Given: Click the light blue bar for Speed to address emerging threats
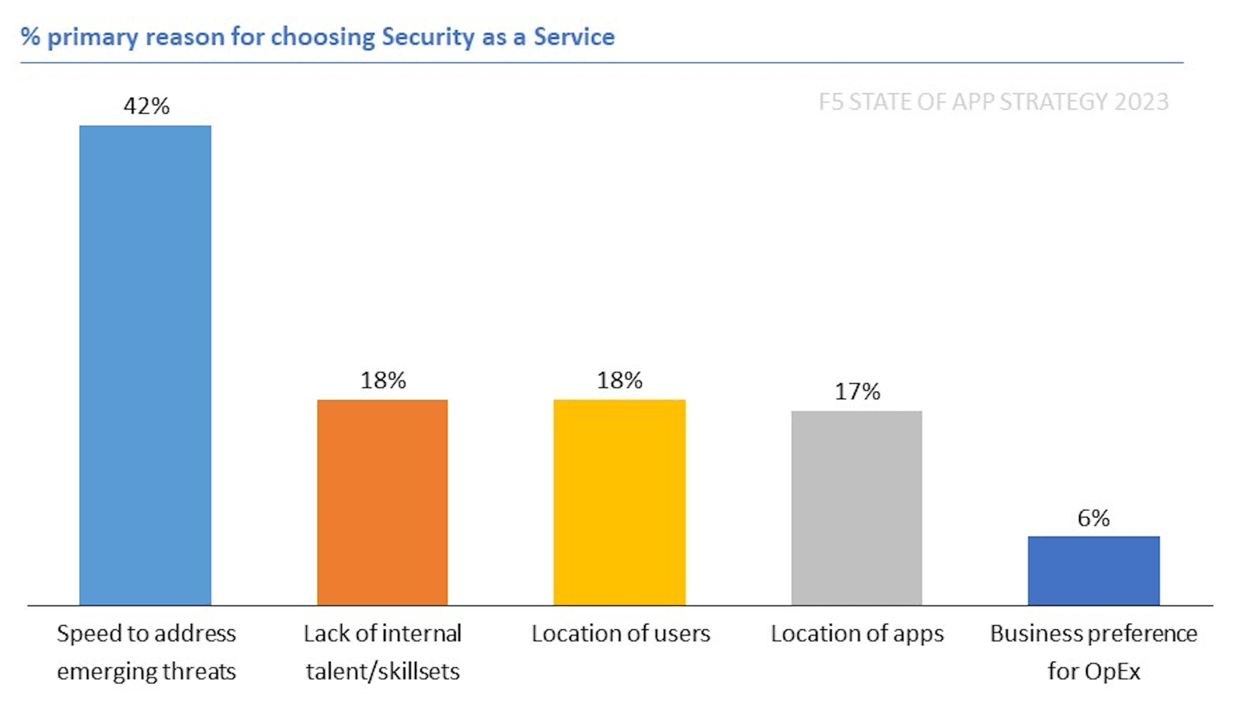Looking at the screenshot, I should click(145, 365).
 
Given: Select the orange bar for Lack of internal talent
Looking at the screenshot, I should click(382, 502).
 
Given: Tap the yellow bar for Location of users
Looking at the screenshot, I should click(619, 502).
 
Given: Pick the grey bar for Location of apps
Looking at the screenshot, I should click(856, 508).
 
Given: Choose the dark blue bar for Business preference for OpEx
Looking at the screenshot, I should click(1093, 570).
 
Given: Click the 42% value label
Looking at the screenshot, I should click(146, 106).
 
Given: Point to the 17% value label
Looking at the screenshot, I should click(857, 391).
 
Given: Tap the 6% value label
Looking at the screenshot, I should click(1093, 518).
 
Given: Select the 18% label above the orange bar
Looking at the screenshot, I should click(383, 380).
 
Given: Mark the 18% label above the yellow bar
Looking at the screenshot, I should click(619, 380).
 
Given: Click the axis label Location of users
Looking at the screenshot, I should click(621, 634).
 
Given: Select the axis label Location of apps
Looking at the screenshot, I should click(857, 634).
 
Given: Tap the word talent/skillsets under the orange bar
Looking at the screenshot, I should click(382, 671).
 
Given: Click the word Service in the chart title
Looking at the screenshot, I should click(573, 36).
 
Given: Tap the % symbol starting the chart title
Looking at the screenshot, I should click(30, 36).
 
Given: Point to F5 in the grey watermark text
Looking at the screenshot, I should click(830, 102).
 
